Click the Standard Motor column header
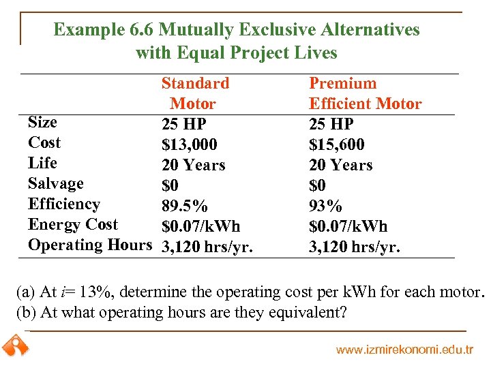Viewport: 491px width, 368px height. (x=194, y=93)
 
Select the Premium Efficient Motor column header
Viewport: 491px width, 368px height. (x=365, y=93)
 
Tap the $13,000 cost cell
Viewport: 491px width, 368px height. (x=189, y=144)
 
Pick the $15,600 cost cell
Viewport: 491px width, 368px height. (x=336, y=144)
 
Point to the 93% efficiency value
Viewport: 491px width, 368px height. (x=325, y=206)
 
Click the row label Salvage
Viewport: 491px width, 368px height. (x=55, y=183)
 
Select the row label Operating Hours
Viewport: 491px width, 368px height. (x=89, y=245)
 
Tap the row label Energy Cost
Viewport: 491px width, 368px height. (x=72, y=224)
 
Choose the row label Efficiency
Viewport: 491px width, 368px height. (x=63, y=204)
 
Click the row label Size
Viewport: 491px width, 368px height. (x=42, y=122)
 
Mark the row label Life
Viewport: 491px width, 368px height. (x=42, y=163)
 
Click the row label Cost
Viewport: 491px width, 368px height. (x=44, y=142)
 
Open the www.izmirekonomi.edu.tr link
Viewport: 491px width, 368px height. (x=404, y=350)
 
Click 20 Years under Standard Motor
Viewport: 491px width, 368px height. (x=193, y=165)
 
